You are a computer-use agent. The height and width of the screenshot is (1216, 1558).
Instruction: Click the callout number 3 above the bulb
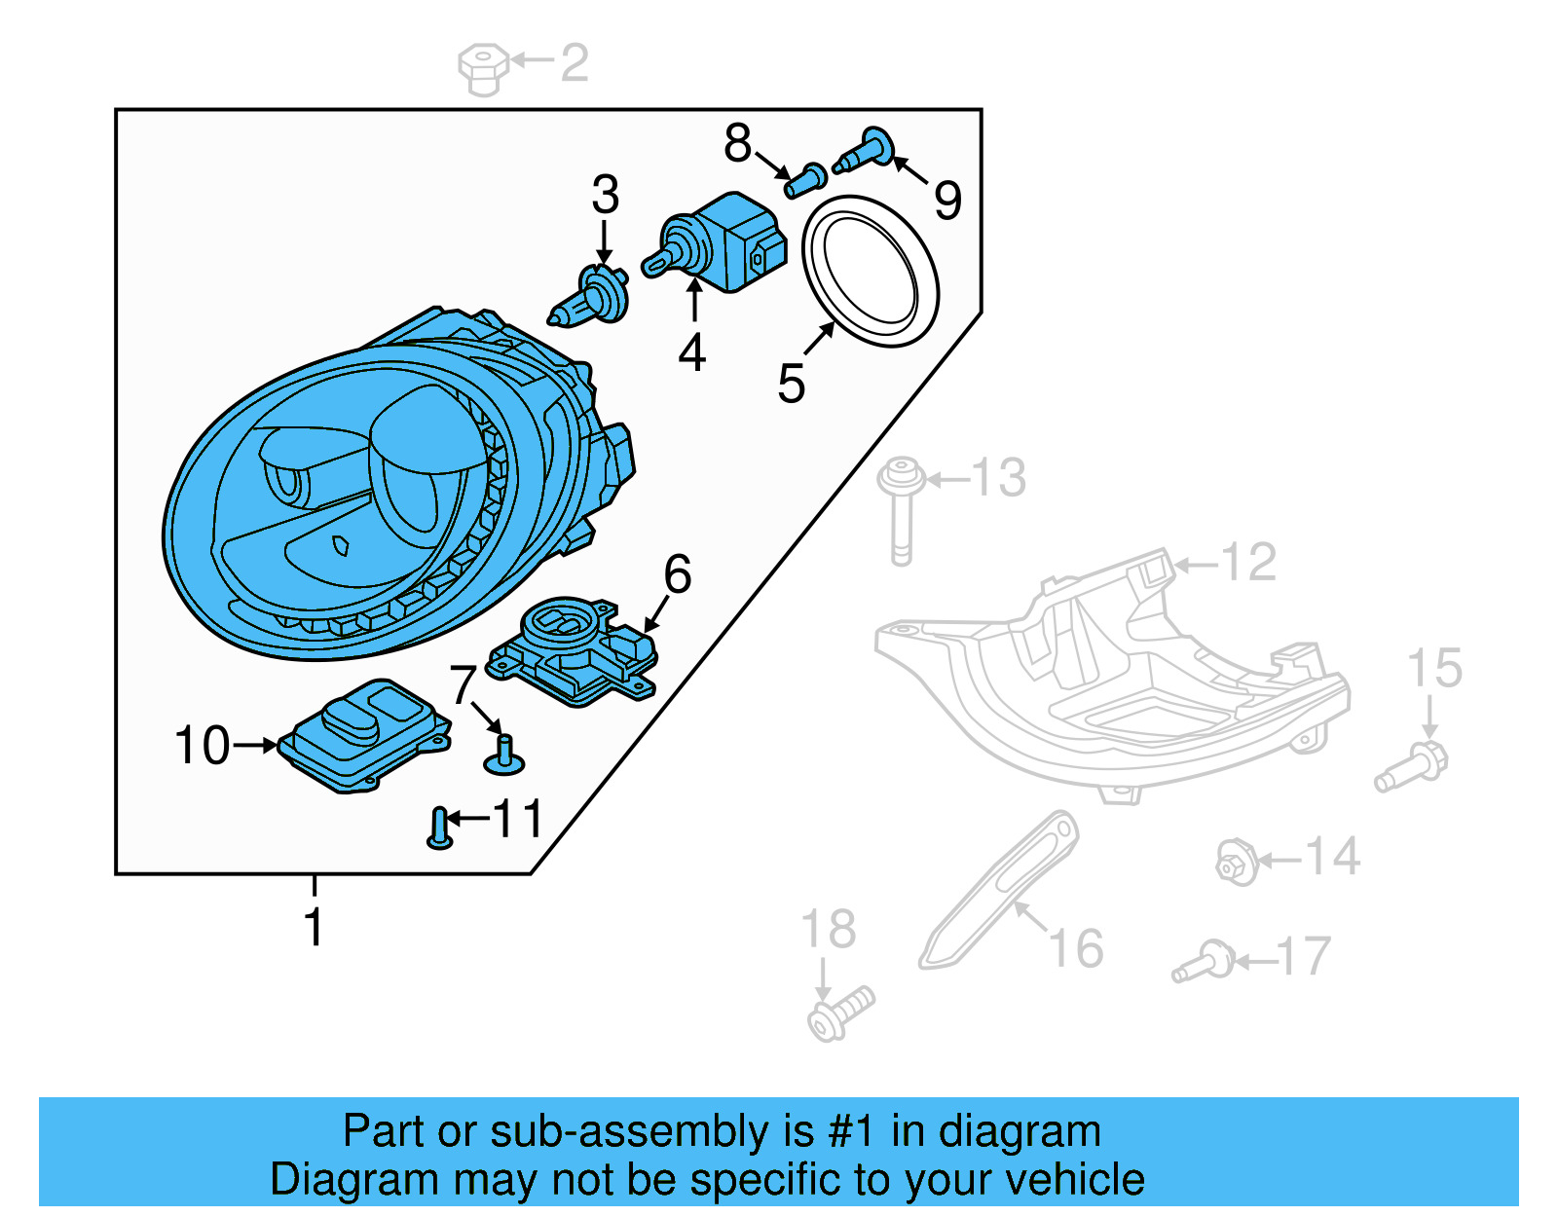point(605,196)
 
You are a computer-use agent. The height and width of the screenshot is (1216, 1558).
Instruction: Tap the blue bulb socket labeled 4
point(725,240)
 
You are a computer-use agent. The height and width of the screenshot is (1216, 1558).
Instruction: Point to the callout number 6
point(677,574)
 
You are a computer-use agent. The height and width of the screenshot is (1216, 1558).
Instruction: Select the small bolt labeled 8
point(805,181)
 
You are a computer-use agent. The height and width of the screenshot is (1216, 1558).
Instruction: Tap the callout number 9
point(946,202)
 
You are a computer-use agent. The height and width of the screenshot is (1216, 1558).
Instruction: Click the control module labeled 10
point(365,735)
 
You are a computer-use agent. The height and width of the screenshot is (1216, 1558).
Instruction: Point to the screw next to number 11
point(439,829)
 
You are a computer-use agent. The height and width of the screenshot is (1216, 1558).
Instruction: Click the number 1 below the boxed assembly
point(313,926)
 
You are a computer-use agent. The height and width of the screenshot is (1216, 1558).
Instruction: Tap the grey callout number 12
point(1247,563)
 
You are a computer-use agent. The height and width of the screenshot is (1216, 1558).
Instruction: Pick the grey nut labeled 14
point(1235,863)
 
